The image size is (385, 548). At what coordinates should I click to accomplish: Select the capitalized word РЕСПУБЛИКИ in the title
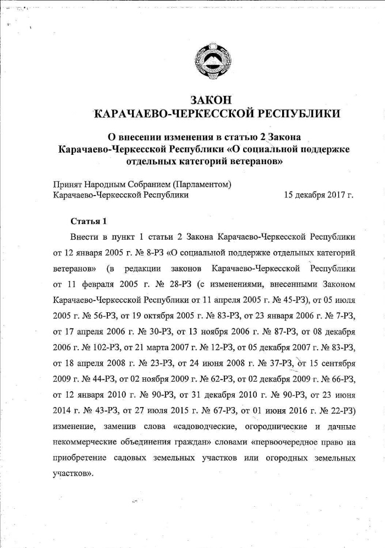pyautogui.click(x=296, y=114)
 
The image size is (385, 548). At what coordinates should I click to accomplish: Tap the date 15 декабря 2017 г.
pyautogui.click(x=318, y=195)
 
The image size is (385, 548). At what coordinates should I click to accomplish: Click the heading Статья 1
pyautogui.click(x=88, y=221)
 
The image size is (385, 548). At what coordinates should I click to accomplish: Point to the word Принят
pyautogui.click(x=67, y=185)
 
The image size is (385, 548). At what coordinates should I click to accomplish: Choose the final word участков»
pyautogui.click(x=72, y=474)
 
